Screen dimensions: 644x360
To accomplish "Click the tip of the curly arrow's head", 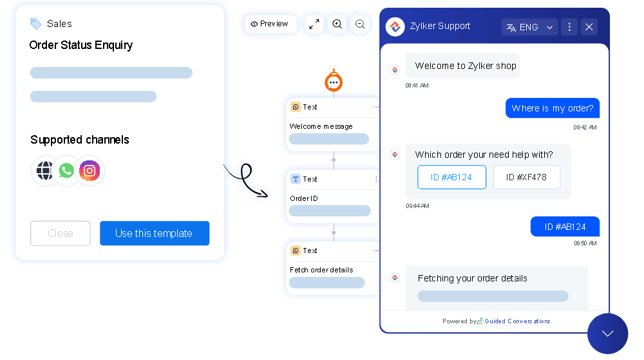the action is [268, 196].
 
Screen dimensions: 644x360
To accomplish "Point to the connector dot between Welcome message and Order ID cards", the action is [334, 160].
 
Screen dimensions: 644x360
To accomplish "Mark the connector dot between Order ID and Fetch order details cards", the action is [334, 232].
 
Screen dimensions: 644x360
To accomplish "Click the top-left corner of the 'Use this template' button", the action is [100, 222].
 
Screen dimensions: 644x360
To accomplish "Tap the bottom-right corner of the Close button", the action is [90, 245].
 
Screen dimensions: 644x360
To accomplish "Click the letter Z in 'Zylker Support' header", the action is [413, 26].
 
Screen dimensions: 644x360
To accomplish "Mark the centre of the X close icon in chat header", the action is [589, 27].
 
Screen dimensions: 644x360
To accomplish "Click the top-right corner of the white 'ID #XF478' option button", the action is [560, 166].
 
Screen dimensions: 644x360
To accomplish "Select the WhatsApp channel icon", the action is [66, 171].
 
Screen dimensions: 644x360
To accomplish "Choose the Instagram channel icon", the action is [90, 171].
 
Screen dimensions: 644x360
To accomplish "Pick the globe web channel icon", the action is [44, 171].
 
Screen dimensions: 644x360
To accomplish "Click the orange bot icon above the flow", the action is [334, 81].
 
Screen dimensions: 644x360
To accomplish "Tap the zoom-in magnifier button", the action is [337, 24].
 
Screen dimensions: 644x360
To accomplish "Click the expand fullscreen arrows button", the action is [314, 24].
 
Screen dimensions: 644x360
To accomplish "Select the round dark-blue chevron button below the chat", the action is [607, 334].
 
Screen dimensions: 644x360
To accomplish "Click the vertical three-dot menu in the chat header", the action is [569, 27].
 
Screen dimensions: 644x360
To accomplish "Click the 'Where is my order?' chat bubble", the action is [553, 108].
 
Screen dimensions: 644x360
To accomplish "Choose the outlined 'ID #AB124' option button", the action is [451, 177].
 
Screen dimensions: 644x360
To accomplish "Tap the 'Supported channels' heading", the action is [80, 140].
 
